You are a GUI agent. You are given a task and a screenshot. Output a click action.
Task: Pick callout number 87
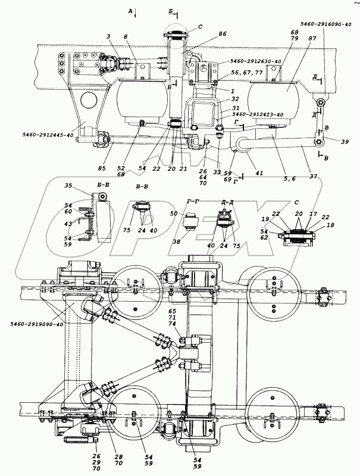point(296,55)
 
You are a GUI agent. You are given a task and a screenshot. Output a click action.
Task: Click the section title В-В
point(142,187)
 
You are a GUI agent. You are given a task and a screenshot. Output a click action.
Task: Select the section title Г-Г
point(193,202)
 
